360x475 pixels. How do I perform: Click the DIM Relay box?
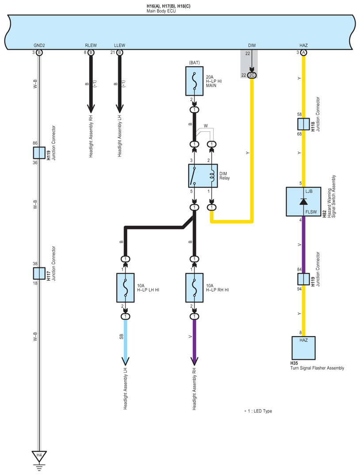pos(202,176)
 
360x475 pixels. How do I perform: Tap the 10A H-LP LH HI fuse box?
pos(126,287)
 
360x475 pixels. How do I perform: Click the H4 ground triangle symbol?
pos(39,456)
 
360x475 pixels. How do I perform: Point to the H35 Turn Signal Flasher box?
pos(303,348)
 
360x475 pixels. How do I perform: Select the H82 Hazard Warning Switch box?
pos(303,201)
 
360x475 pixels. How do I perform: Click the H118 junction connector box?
pos(303,124)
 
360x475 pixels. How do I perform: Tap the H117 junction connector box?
pos(39,273)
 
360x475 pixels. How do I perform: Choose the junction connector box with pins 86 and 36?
pos(39,153)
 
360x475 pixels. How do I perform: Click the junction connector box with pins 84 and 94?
pos(303,279)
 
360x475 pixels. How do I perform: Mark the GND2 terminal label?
pos(39,46)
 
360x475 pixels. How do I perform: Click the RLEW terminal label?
pos(91,46)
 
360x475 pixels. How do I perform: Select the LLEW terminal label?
pos(119,46)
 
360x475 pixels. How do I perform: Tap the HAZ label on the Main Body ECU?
pos(303,46)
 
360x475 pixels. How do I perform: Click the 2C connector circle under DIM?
pos(252,75)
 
